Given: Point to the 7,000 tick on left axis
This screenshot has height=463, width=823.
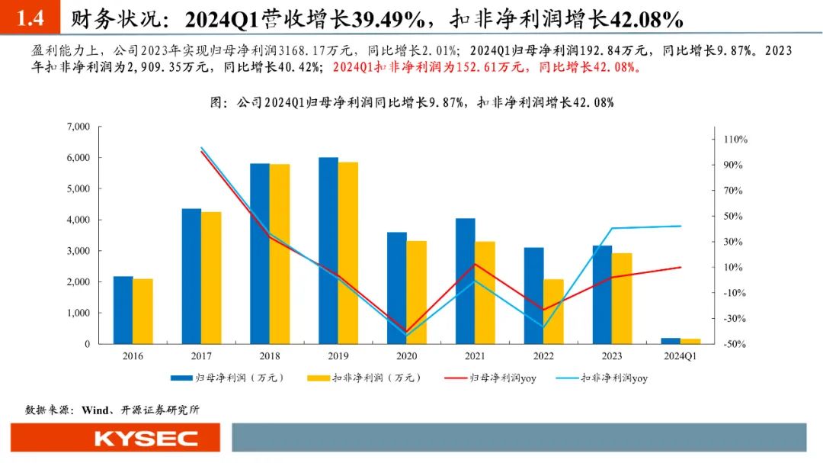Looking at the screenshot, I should click(x=78, y=127).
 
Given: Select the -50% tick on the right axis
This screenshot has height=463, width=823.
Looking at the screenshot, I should click(x=735, y=344).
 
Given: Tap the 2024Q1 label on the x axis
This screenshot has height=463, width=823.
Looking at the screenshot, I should click(x=680, y=355).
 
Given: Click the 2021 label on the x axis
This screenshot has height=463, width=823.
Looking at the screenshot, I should click(x=475, y=355).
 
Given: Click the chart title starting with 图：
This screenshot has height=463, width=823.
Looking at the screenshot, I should click(x=411, y=101).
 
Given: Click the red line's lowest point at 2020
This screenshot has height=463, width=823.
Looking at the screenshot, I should click(x=406, y=331).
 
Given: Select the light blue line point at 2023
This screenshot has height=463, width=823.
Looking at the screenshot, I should click(x=612, y=228).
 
